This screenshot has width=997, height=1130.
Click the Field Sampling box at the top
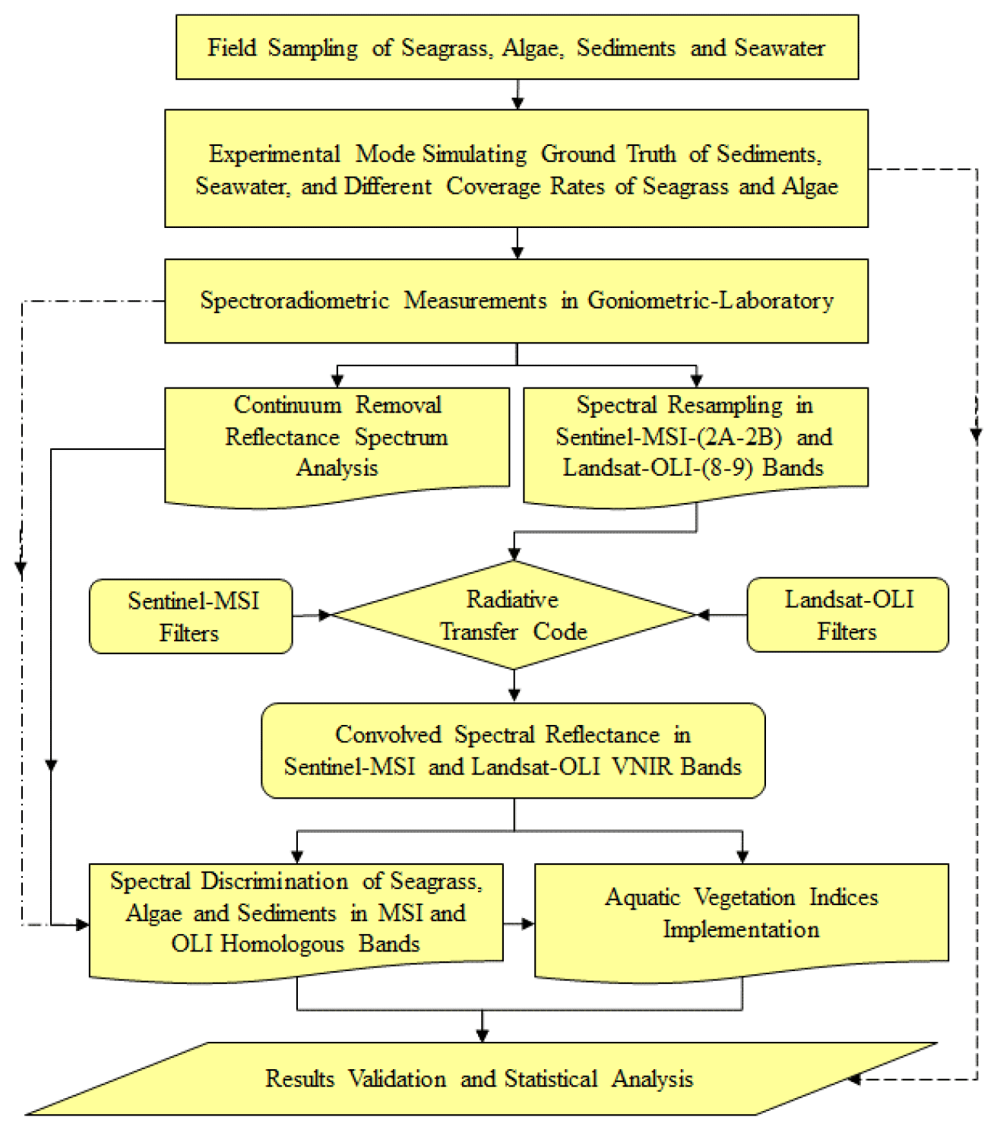coord(517,47)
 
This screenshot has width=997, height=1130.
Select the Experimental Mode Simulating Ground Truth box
coord(517,169)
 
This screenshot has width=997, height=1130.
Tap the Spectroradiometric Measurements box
coord(517,301)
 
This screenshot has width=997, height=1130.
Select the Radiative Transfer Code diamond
coord(514,616)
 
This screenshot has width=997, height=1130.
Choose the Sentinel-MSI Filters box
coord(191,616)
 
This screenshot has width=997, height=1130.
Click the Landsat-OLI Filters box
coord(847,615)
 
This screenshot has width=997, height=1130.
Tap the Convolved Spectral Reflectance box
coord(513,751)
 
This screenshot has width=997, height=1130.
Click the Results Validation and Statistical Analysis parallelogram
coord(480,1078)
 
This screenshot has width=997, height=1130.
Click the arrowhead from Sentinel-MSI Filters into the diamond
coord(325,615)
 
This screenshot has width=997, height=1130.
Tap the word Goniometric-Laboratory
coord(711,301)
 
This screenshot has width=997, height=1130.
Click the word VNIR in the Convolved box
coord(643,767)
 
